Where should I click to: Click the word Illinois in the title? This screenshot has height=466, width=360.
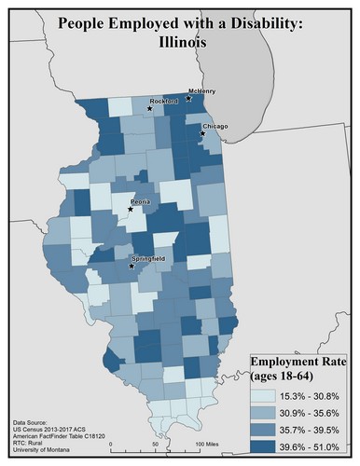180,43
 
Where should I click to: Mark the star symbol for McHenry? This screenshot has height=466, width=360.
188,98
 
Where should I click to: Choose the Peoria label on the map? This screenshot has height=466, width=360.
141,201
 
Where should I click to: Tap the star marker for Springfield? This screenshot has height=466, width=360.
131,267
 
